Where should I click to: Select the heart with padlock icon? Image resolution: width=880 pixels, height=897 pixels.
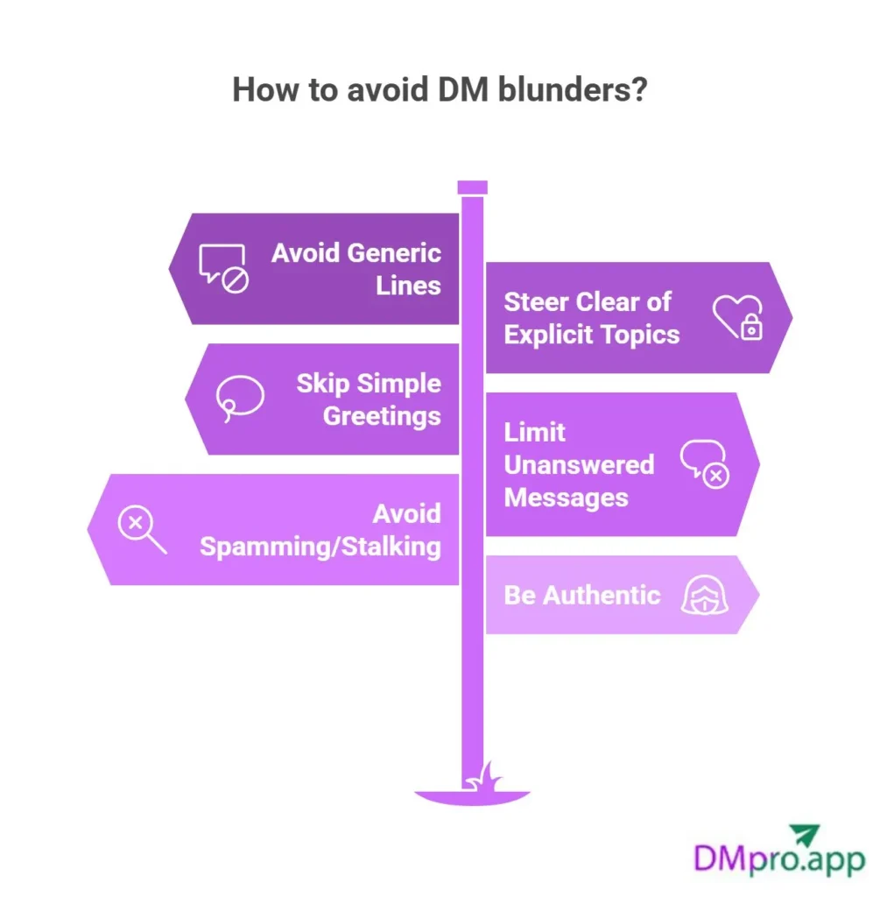[737, 317]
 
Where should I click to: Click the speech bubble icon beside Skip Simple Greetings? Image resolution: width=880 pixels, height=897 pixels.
[240, 399]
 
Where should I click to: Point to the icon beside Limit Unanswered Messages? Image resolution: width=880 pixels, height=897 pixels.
[705, 463]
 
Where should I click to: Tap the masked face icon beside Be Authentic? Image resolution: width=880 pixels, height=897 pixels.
[706, 596]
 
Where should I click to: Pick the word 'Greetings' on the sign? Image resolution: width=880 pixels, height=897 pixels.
[382, 415]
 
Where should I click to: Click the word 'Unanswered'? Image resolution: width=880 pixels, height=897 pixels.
[579, 464]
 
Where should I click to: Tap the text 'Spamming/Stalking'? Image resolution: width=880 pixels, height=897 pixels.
[320, 547]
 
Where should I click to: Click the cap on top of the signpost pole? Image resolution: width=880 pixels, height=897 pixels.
[472, 187]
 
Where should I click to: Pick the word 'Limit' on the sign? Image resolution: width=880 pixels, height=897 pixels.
[534, 432]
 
